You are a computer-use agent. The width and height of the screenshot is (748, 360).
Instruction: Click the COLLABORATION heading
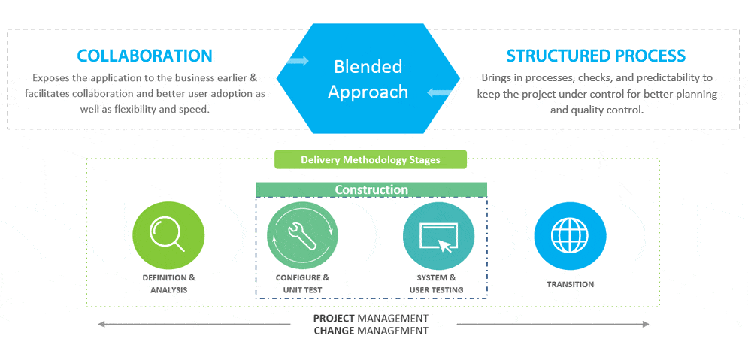pyautogui.click(x=144, y=56)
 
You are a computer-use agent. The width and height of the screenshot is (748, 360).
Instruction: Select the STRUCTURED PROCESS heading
pyautogui.click(x=596, y=56)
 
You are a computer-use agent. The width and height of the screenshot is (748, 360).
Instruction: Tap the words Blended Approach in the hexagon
pyautogui.click(x=368, y=79)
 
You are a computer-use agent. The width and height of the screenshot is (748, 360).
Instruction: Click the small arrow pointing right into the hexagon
pyautogui.click(x=298, y=61)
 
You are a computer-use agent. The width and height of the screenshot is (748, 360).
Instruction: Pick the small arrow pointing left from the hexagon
pyautogui.click(x=438, y=93)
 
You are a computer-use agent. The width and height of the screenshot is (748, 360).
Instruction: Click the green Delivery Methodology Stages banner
pyautogui.click(x=370, y=160)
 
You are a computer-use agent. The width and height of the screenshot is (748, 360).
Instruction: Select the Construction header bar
pyautogui.click(x=371, y=190)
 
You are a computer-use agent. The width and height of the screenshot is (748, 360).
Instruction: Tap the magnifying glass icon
pyautogui.click(x=168, y=234)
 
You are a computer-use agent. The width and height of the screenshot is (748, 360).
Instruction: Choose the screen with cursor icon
pyautogui.click(x=438, y=237)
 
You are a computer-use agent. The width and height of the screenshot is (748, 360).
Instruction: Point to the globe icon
pyautogui.click(x=570, y=234)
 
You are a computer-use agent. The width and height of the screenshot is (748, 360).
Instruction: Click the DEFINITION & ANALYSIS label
pyautogui.click(x=169, y=283)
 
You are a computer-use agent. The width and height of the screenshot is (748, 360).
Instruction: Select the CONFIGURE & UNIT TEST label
pyautogui.click(x=302, y=283)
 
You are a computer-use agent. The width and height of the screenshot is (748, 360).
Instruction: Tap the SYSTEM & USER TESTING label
pyautogui.click(x=436, y=283)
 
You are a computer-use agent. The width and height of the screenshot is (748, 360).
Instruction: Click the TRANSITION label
pyautogui.click(x=570, y=284)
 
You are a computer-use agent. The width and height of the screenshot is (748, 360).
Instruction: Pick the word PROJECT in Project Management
pyautogui.click(x=334, y=318)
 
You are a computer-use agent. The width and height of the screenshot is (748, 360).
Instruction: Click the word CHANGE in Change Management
pyautogui.click(x=334, y=331)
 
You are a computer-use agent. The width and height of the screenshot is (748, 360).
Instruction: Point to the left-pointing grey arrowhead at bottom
pyautogui.click(x=101, y=324)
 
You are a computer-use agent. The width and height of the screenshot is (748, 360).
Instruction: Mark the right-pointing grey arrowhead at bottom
pyautogui.click(x=646, y=324)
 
